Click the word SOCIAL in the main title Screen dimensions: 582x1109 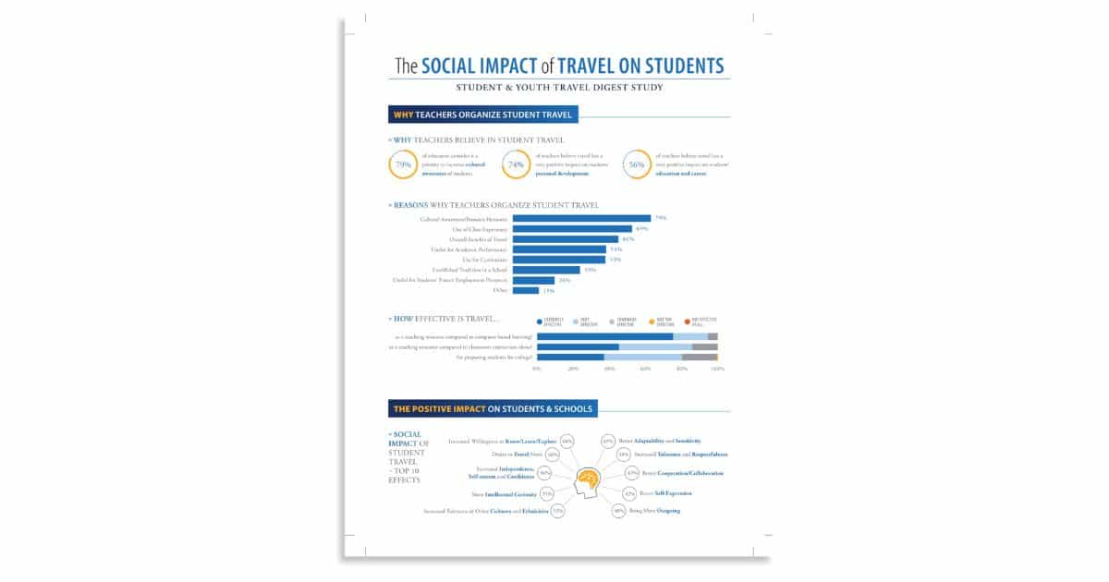point(452,67)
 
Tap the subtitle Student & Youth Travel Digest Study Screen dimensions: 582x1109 point(559,88)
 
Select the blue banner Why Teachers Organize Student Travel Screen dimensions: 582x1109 point(483,115)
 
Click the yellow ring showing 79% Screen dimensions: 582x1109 point(403,165)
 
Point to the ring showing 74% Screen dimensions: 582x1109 point(517,165)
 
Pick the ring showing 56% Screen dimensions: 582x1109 point(637,165)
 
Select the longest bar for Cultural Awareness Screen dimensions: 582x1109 point(581,218)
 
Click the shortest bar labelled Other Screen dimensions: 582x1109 point(526,290)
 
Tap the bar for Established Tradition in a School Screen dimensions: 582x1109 point(546,270)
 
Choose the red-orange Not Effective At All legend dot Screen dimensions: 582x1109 point(688,321)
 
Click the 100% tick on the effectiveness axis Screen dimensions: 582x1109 point(717,369)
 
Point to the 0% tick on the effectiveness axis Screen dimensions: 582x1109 point(538,369)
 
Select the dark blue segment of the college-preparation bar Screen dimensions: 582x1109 point(570,357)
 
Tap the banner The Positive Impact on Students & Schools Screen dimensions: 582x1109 point(494,408)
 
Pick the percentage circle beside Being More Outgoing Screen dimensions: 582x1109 point(618,510)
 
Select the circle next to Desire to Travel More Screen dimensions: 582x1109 point(553,455)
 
